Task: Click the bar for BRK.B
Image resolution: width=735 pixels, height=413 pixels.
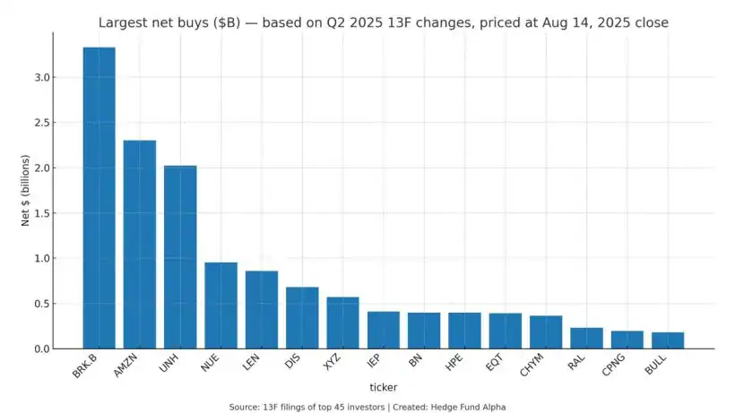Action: click(99, 197)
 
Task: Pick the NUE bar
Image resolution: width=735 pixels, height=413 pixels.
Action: click(220, 305)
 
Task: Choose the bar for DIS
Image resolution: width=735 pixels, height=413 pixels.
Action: click(302, 317)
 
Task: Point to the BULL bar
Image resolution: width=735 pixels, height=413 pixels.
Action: click(668, 340)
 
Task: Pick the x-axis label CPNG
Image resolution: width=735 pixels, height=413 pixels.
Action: click(618, 366)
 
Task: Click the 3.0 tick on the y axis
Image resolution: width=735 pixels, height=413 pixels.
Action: click(39, 78)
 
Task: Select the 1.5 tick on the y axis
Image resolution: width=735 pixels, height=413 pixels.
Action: click(39, 213)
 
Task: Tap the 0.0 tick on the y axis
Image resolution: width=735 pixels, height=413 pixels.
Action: click(39, 348)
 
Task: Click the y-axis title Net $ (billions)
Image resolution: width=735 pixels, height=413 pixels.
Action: click(26, 190)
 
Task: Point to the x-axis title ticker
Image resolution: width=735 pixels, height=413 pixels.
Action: click(384, 387)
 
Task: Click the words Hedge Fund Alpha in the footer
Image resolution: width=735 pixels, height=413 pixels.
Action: click(467, 407)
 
